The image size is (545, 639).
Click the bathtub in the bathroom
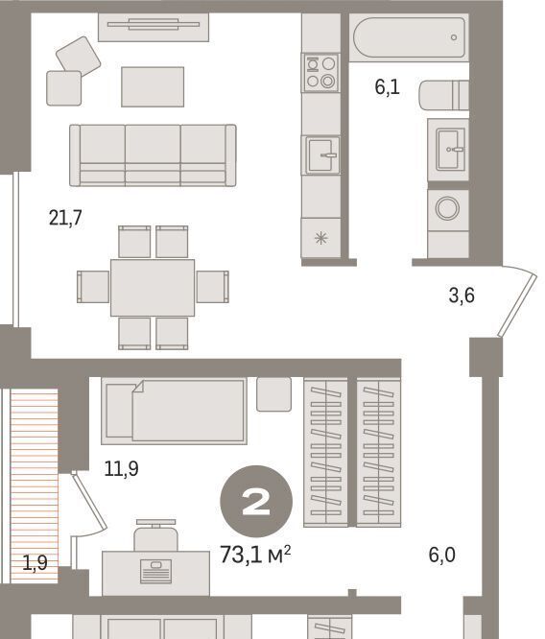click(409, 37)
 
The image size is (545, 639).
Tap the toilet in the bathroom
click(444, 95)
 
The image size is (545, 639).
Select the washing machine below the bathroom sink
click(447, 208)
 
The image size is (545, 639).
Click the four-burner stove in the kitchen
click(320, 73)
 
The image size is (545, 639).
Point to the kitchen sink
click(321, 155)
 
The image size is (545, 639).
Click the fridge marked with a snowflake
click(320, 238)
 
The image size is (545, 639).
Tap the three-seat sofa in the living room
click(153, 155)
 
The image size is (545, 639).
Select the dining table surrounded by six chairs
click(153, 288)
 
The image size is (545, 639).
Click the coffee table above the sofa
click(153, 86)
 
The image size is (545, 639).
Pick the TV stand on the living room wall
click(154, 27)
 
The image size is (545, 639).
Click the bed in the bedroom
click(174, 411)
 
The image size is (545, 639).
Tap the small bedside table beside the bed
click(273, 394)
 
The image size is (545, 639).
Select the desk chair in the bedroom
click(155, 535)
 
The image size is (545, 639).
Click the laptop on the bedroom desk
click(155, 571)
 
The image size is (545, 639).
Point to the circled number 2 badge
click(256, 502)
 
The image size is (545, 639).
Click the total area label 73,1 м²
click(255, 555)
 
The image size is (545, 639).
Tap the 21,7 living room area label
click(65, 218)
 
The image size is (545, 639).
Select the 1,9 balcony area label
click(36, 563)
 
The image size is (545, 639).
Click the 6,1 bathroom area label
click(388, 86)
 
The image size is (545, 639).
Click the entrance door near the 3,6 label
click(516, 306)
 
